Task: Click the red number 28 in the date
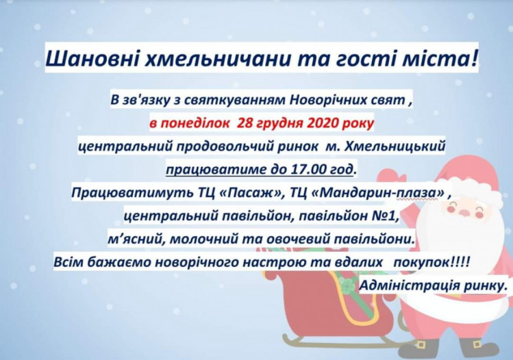pos(245,123)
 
